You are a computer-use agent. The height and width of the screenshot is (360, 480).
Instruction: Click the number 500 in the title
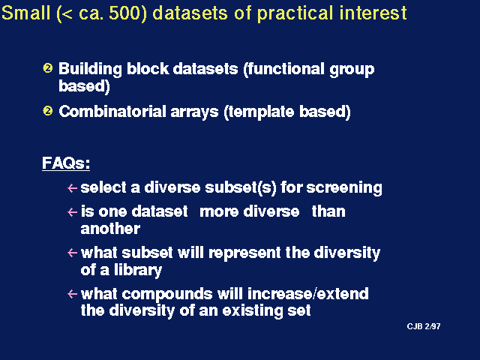click(x=128, y=13)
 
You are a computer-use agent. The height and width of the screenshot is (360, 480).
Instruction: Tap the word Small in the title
click(x=25, y=13)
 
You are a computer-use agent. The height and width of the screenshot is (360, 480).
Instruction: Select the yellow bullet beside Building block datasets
click(x=48, y=67)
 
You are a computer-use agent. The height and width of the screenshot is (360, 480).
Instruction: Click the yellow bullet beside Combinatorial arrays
click(x=48, y=110)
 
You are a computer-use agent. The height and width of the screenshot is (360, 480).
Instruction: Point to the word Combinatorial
click(x=112, y=111)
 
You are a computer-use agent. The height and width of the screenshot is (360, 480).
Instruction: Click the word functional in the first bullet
click(x=286, y=69)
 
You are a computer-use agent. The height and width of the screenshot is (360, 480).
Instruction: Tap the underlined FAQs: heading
click(x=66, y=163)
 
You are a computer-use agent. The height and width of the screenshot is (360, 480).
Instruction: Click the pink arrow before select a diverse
click(x=72, y=188)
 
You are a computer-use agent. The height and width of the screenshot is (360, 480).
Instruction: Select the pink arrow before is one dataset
click(x=72, y=211)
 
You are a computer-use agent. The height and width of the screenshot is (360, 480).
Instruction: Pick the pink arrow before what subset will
click(x=72, y=253)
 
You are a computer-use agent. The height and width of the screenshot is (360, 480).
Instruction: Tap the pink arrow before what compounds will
click(x=72, y=294)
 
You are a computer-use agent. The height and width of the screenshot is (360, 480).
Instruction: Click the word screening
click(x=344, y=188)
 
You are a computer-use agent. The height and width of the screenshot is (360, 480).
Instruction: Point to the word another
click(x=110, y=229)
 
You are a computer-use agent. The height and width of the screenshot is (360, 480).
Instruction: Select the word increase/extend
click(x=308, y=294)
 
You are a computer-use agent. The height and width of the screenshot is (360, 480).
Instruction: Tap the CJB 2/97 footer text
click(x=424, y=326)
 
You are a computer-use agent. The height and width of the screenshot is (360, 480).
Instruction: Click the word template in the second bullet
click(x=262, y=112)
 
